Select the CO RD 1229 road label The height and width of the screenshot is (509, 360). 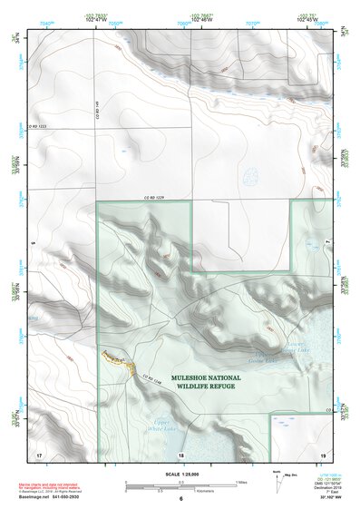(x=158, y=199)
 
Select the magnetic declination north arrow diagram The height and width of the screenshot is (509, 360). (x=277, y=482)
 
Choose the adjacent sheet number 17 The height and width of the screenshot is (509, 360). (x=39, y=453)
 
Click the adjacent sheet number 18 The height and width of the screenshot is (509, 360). (x=180, y=454)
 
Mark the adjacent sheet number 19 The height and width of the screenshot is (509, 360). (x=322, y=453)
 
